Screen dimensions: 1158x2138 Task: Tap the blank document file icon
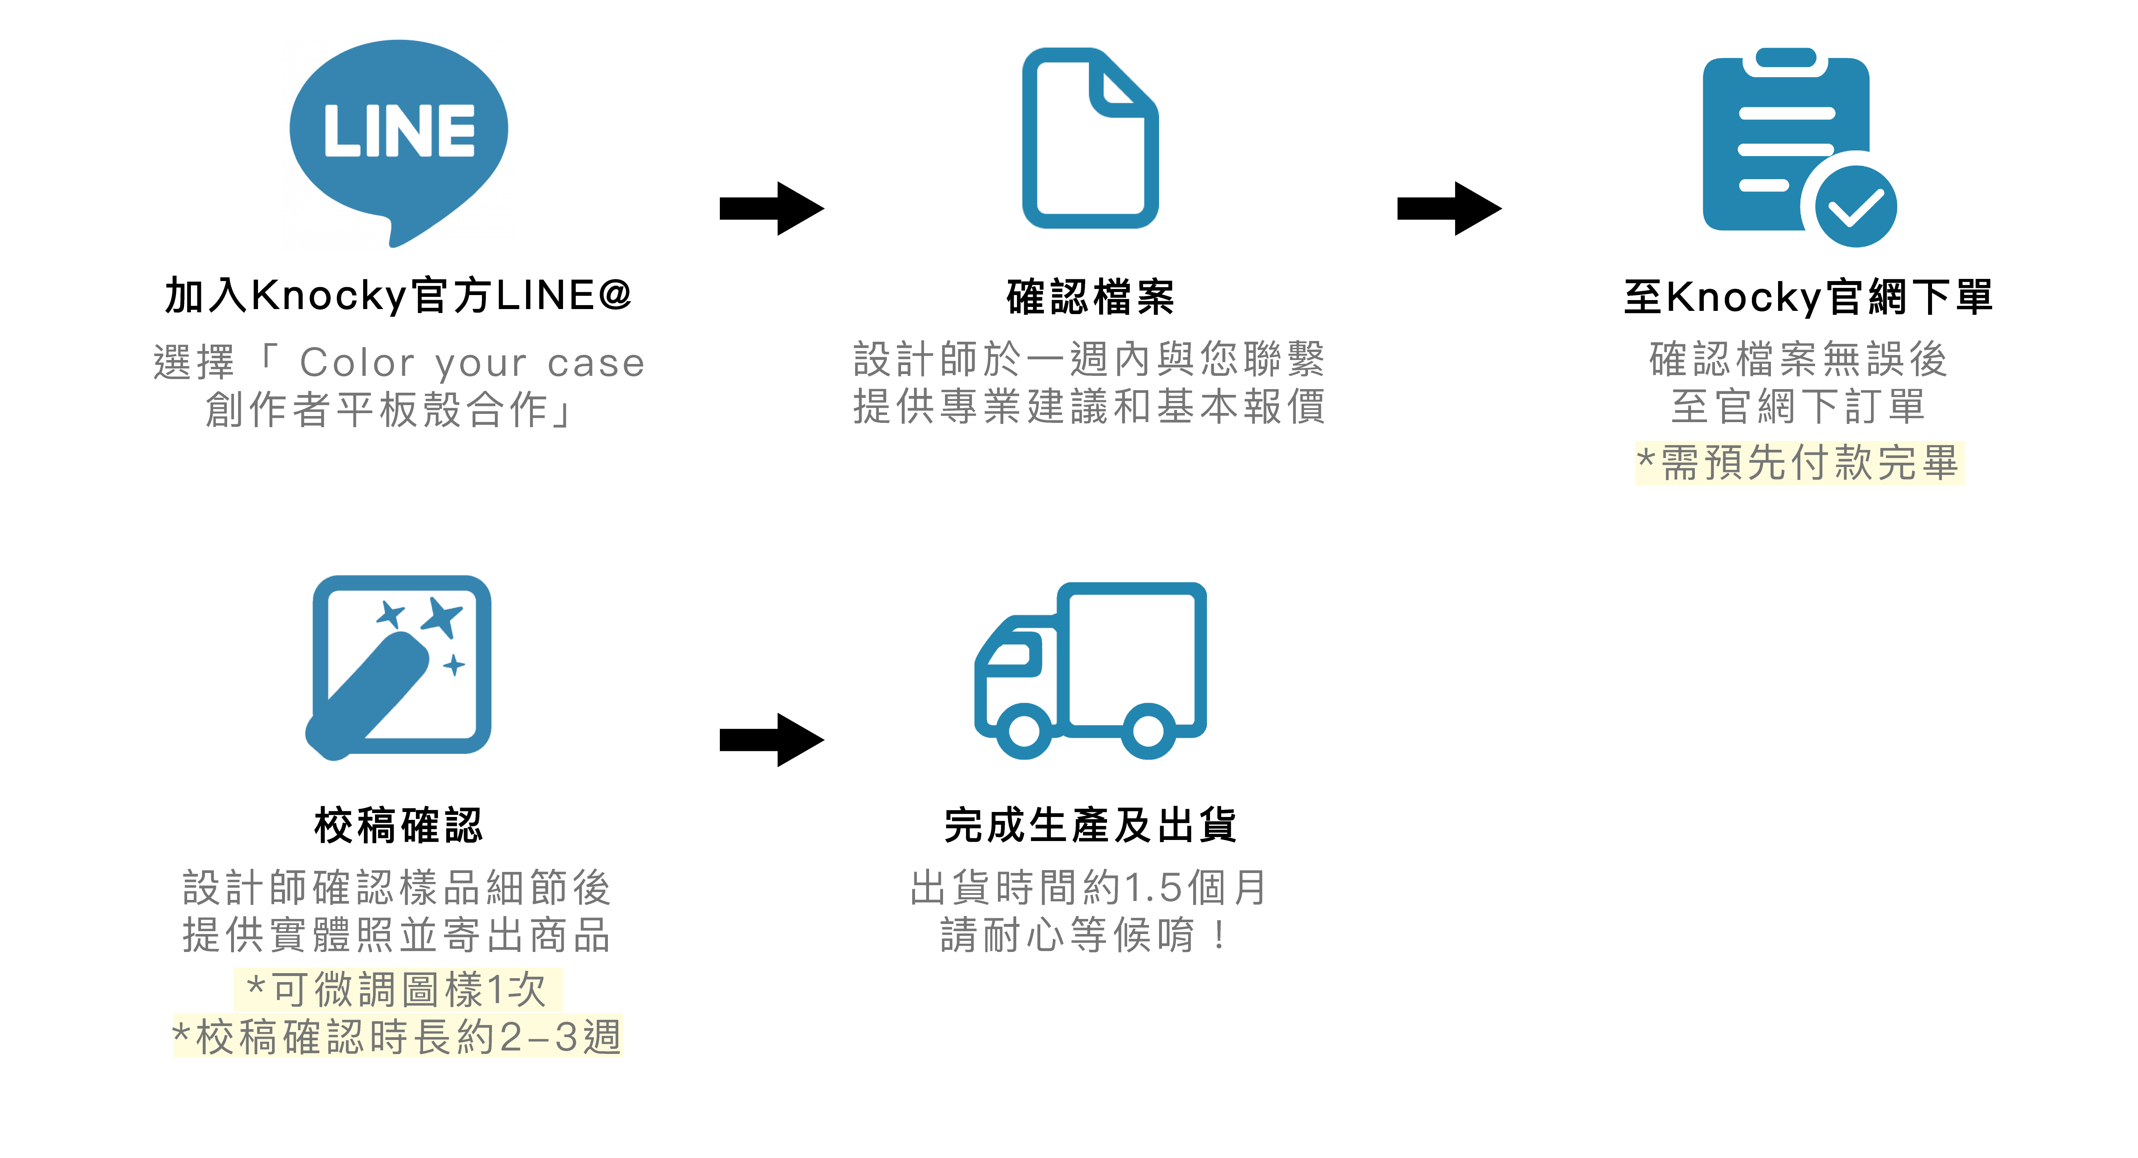pyautogui.click(x=1090, y=139)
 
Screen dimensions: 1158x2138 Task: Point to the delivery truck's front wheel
pyautogui.click(x=1024, y=730)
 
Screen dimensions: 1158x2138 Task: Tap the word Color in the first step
pyautogui.click(x=357, y=363)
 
